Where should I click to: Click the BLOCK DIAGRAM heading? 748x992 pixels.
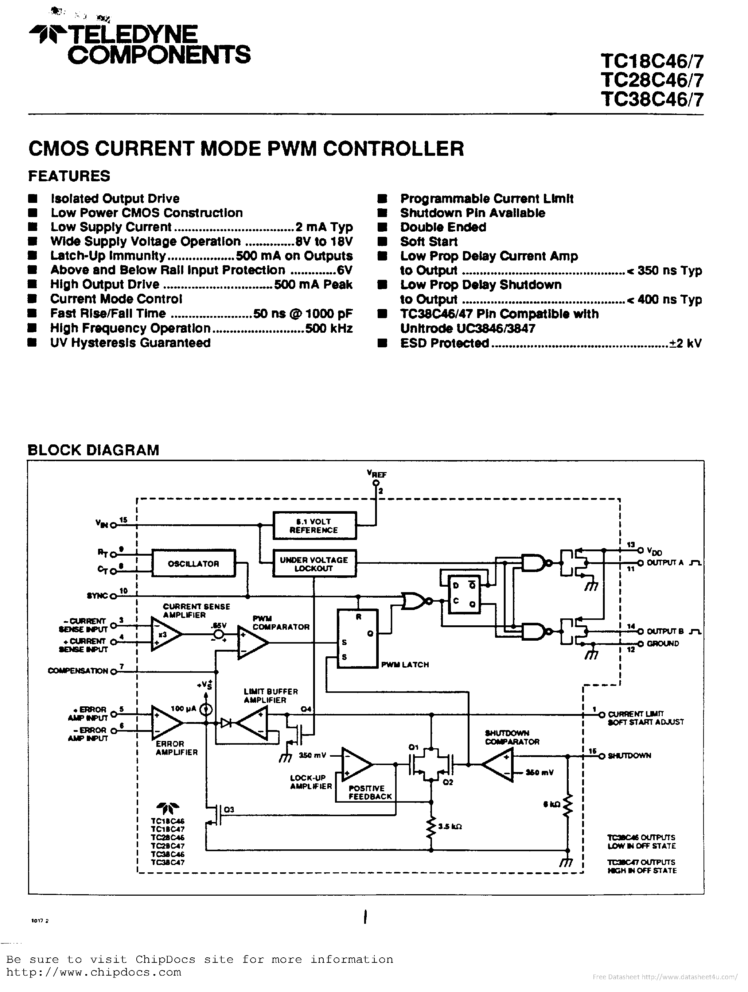point(93,450)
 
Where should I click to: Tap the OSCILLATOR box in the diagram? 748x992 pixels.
point(193,564)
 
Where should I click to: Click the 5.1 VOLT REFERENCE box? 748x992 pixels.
point(314,526)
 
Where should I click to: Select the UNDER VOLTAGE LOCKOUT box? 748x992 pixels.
point(314,564)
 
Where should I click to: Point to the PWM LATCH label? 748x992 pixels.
point(405,665)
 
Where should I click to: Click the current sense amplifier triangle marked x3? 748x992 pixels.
point(164,634)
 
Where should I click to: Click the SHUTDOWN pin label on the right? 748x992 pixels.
point(629,756)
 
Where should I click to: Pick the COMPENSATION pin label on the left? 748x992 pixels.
point(78,671)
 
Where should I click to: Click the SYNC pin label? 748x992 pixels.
point(97,596)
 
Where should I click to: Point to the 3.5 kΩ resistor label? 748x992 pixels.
point(449,826)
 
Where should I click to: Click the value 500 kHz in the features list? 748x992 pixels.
point(328,329)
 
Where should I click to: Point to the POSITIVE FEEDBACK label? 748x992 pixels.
point(370,792)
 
